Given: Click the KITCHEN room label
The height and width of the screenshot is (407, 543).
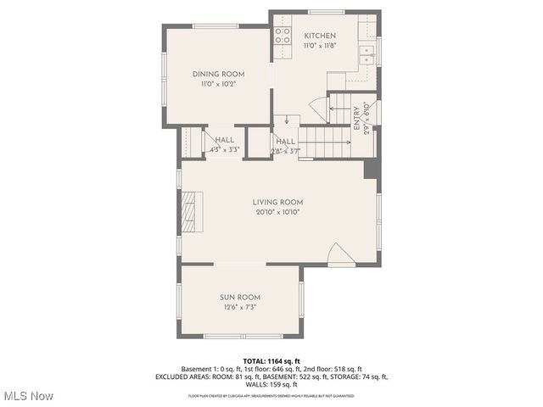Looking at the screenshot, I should (320, 36).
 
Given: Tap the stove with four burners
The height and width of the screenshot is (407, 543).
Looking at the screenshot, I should (282, 36).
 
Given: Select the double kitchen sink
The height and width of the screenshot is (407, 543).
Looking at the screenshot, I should (367, 55).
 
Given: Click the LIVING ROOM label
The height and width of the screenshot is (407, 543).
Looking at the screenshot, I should (277, 202).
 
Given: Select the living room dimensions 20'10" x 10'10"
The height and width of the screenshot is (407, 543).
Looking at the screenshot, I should (277, 211).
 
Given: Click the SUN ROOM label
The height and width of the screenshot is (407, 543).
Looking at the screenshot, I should (240, 298).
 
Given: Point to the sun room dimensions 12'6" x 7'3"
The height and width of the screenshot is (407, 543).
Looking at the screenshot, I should (240, 307).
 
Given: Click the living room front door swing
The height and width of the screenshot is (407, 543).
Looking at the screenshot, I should (340, 254).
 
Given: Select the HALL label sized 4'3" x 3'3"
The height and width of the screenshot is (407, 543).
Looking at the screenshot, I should (225, 140).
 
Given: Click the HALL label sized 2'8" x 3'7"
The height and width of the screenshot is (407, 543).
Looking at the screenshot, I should (285, 142).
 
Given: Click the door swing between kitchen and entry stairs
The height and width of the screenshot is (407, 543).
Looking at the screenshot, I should (318, 109).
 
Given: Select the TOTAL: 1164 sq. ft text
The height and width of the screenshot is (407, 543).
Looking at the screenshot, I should (271, 361).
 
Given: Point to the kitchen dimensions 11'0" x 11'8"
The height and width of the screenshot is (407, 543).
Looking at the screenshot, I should (320, 46).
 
